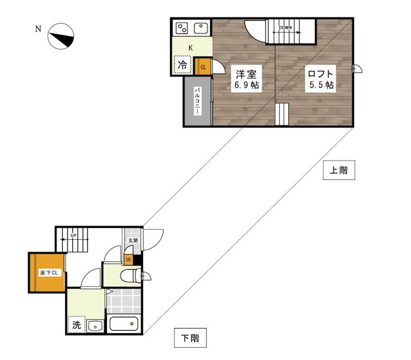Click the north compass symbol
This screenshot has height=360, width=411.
[61, 36]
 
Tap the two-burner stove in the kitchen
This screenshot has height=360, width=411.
[182, 28]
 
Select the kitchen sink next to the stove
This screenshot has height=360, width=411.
[201, 28]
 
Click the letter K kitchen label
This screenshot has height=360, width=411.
[191, 48]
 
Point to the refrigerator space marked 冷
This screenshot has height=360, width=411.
[182, 64]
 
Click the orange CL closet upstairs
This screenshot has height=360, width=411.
[202, 67]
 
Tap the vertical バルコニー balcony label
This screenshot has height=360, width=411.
[198, 101]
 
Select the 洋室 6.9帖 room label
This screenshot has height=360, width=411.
[246, 79]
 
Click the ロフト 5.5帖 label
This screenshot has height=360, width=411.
[320, 79]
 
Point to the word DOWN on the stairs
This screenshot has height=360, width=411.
[285, 28]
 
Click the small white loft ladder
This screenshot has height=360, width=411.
[282, 114]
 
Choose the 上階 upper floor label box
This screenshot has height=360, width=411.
[339, 170]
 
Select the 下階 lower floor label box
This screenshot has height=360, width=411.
[190, 338]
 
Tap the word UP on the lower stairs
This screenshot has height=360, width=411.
[73, 236]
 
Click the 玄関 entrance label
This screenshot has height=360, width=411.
[133, 240]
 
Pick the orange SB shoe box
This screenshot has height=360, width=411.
[128, 260]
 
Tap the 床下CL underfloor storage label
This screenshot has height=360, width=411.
[49, 273]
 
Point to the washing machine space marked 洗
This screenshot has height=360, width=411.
[76, 325]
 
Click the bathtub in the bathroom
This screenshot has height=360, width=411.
[124, 324]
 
